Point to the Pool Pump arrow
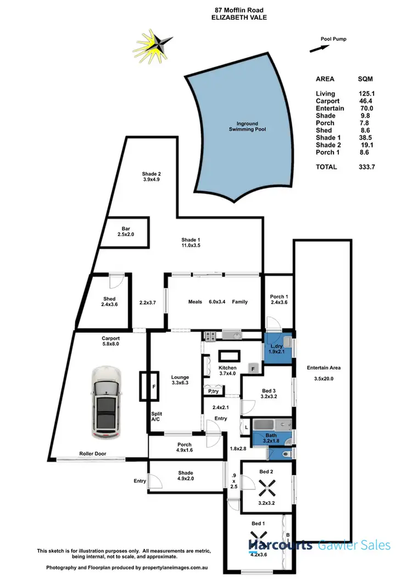316,49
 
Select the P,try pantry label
211,391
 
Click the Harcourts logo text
281,546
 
